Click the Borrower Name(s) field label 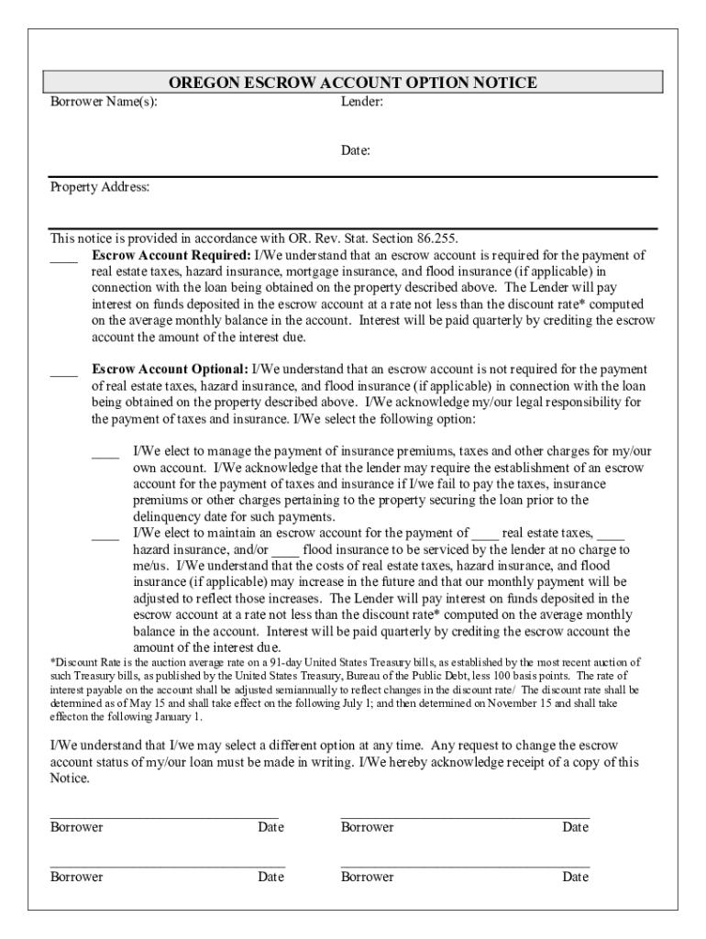pyautogui.click(x=103, y=102)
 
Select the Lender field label pyautogui.click(x=361, y=102)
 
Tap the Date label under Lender pyautogui.click(x=356, y=151)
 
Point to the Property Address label pyautogui.click(x=99, y=187)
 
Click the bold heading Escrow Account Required pyautogui.click(x=171, y=255)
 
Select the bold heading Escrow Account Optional pyautogui.click(x=170, y=370)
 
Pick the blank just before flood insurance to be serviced pyautogui.click(x=286, y=552)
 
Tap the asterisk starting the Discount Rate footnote pyautogui.click(x=52, y=661)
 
